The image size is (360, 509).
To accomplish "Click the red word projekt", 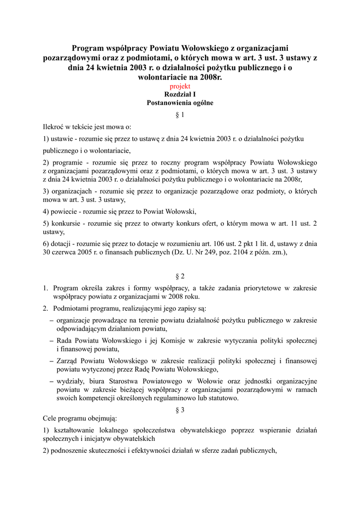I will (x=180, y=86).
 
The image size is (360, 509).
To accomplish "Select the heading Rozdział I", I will (x=180, y=94).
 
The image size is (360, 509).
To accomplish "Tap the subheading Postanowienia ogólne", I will (x=180, y=103).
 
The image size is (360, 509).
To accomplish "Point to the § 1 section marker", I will (x=180, y=115).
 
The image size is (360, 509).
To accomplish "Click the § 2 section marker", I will (x=180, y=276).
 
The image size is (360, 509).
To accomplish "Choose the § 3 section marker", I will (x=180, y=410).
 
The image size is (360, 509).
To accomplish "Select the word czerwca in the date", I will (x=65, y=252).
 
